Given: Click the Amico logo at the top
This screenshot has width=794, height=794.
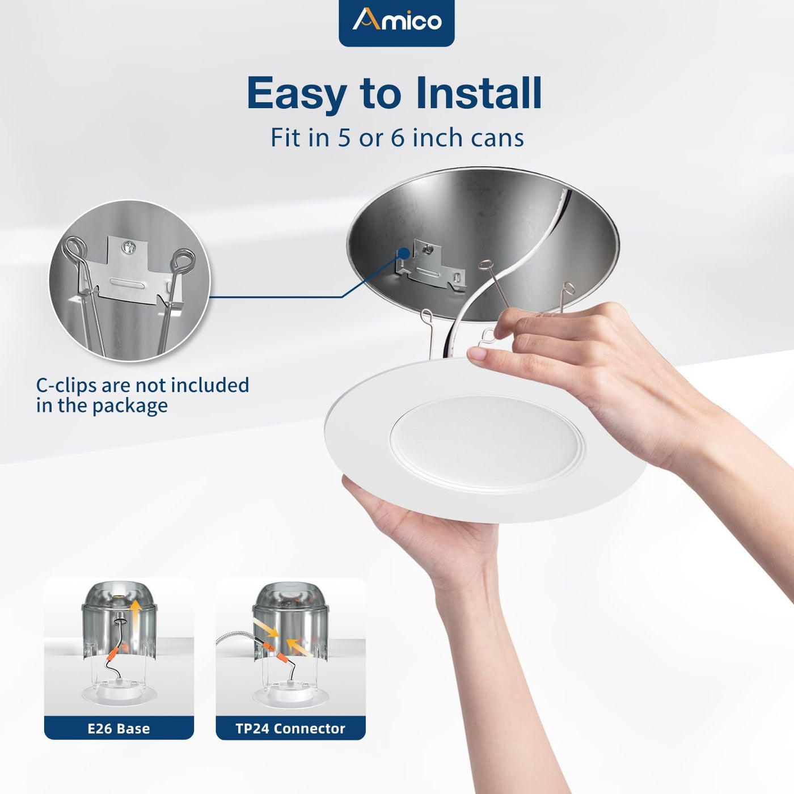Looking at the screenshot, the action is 396,20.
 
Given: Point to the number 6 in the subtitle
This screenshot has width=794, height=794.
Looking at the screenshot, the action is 398,138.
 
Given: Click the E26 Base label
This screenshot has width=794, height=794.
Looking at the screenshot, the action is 119,728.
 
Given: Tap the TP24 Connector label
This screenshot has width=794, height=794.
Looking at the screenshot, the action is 290,728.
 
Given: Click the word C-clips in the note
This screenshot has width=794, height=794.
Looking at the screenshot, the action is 66,385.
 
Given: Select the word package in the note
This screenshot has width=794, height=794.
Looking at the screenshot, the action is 130,406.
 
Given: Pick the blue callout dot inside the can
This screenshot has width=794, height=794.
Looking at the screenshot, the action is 404,254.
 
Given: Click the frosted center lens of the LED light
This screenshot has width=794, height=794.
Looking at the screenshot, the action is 487,444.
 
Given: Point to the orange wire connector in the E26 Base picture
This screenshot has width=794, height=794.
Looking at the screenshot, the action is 113,653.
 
